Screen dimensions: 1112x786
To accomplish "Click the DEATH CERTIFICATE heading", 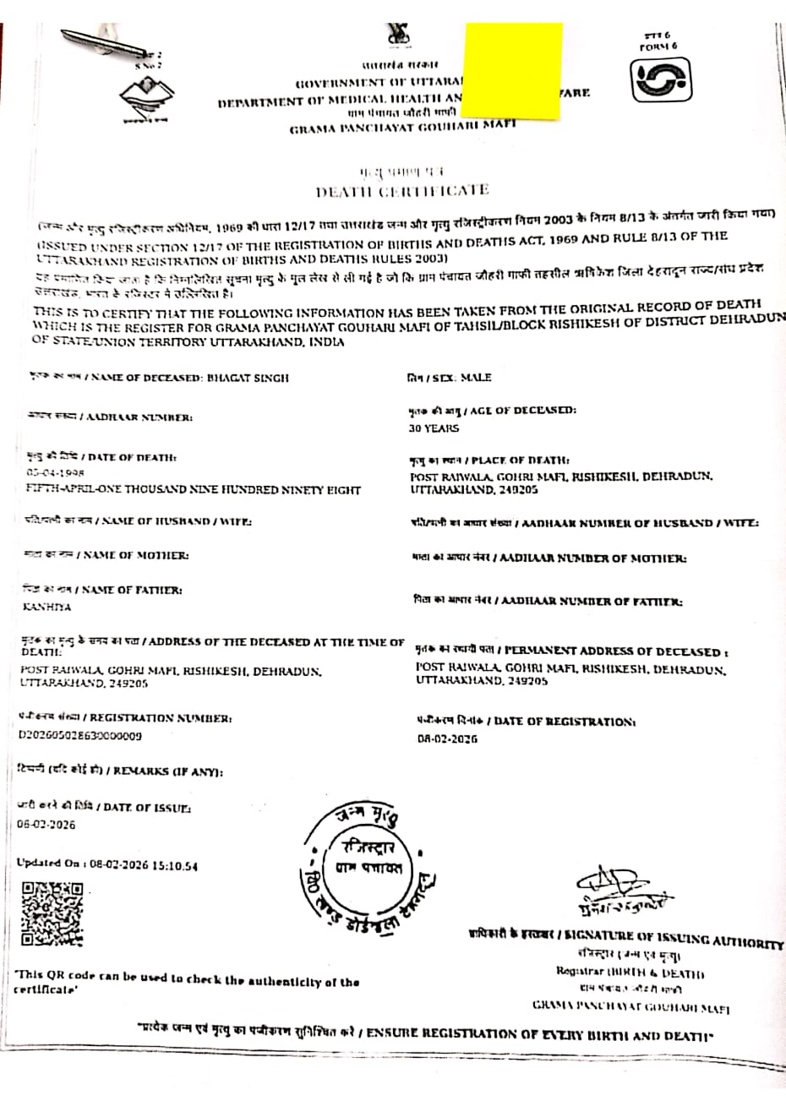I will coord(402,190).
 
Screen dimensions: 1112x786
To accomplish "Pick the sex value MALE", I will coord(475,377).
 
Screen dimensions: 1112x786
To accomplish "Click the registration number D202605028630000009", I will coord(80,735).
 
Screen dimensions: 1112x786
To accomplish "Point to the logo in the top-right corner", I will coord(663,83).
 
